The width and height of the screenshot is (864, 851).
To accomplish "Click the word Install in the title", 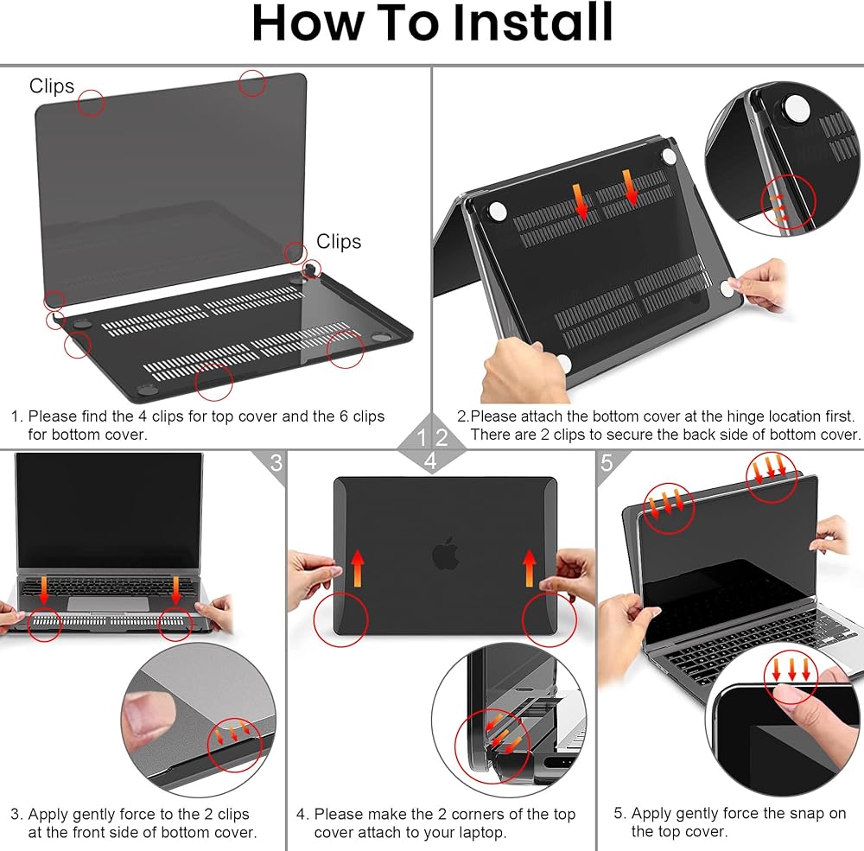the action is pyautogui.click(x=532, y=22).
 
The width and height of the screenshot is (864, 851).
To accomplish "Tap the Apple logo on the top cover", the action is pyautogui.click(x=446, y=553).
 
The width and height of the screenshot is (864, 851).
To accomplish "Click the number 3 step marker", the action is pyautogui.click(x=276, y=463).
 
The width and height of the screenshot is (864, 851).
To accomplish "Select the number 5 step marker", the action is pyautogui.click(x=607, y=463).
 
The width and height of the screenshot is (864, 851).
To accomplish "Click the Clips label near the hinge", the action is pyautogui.click(x=339, y=241).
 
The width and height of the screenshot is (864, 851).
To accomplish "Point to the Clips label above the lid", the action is pyautogui.click(x=52, y=86).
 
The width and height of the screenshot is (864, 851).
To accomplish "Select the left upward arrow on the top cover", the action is pyautogui.click(x=358, y=568).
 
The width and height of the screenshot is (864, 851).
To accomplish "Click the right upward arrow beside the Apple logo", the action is pyautogui.click(x=529, y=568).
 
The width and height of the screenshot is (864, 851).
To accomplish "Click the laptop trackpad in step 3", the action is pyautogui.click(x=108, y=603).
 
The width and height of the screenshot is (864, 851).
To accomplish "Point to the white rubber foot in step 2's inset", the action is pyautogui.click(x=797, y=107).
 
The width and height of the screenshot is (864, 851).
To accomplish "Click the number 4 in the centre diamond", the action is pyautogui.click(x=430, y=460).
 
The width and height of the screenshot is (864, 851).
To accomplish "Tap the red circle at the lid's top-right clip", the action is pyautogui.click(x=252, y=83).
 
